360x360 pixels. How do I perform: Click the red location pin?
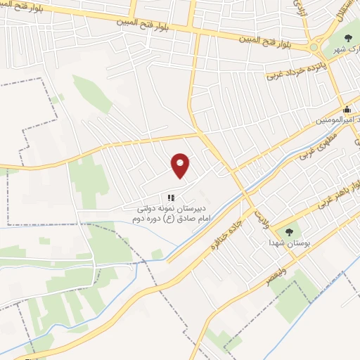181,165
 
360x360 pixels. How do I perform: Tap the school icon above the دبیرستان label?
170,198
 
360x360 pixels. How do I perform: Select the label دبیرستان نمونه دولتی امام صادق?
168,214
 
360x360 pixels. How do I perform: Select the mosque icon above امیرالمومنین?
347,110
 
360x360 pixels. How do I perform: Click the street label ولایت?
262,209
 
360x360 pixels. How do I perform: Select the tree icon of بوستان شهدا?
289,231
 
